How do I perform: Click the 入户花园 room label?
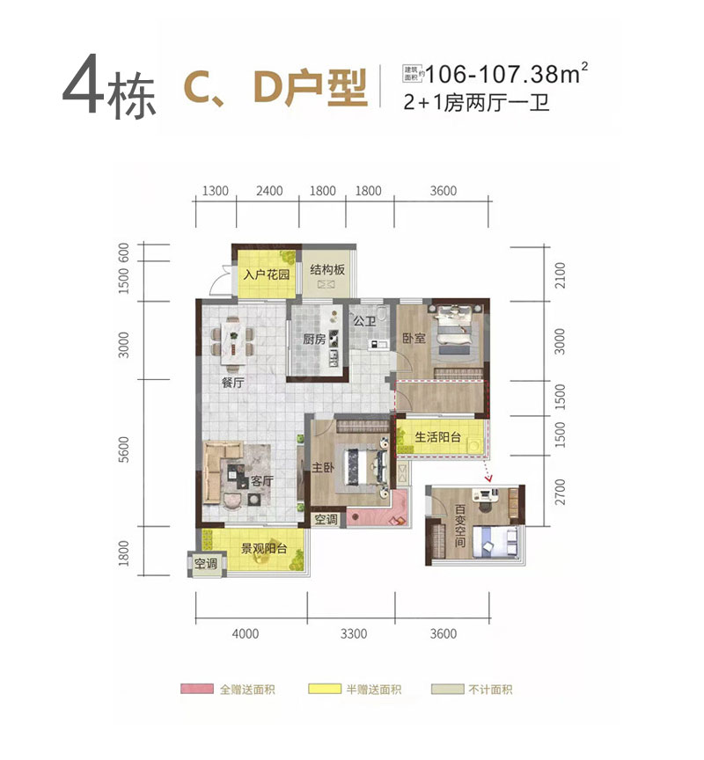(x=267, y=274)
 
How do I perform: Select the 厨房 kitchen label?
(x=315, y=340)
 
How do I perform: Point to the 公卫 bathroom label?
(x=364, y=322)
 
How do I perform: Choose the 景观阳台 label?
(x=264, y=550)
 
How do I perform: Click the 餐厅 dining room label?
(x=232, y=383)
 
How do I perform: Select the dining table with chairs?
(x=233, y=339)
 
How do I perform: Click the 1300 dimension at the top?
(x=216, y=192)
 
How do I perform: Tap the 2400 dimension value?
(x=269, y=192)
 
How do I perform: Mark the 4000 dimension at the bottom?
(x=246, y=633)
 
